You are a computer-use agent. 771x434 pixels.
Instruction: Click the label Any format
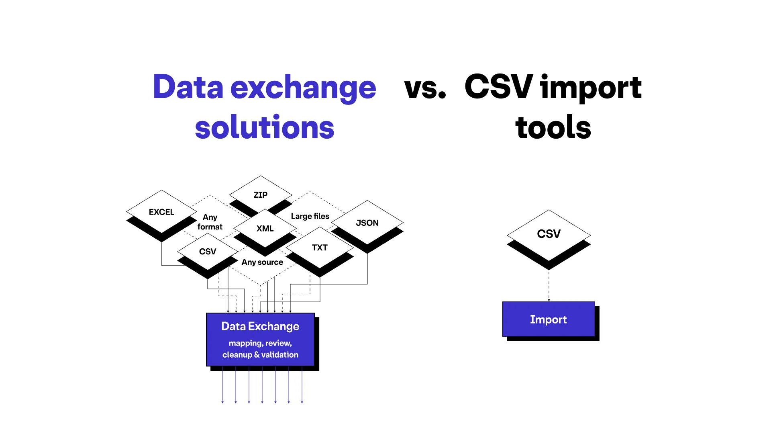[x=210, y=222]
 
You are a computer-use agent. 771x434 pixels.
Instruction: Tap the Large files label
[x=310, y=216]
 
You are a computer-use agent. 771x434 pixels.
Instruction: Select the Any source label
[x=262, y=262]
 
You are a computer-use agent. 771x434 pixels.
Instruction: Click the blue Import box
[x=549, y=319]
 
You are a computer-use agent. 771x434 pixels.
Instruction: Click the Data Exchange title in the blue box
[x=260, y=326]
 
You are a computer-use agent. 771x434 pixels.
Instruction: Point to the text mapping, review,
[x=260, y=343]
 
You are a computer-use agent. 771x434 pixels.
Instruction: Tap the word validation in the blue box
[x=279, y=355]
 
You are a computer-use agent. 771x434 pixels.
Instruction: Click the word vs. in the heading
[x=425, y=88]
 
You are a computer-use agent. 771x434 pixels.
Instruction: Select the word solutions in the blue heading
[x=265, y=127]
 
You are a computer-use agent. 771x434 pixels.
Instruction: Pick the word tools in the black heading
[x=553, y=127]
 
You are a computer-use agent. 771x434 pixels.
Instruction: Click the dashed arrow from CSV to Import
[x=549, y=286]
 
